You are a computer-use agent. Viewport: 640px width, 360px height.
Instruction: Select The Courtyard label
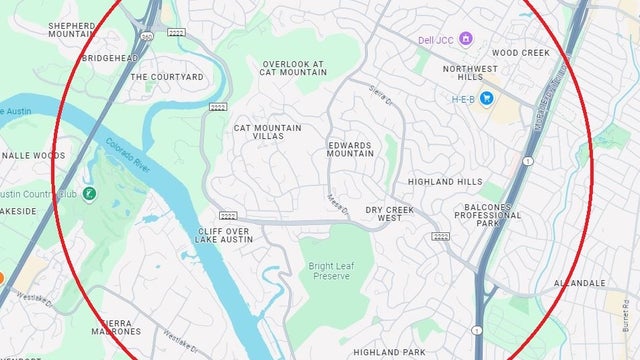click(x=167, y=76)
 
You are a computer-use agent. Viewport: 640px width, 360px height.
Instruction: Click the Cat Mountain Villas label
click(x=258, y=131)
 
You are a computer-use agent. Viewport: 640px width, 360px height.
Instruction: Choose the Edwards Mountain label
click(x=350, y=149)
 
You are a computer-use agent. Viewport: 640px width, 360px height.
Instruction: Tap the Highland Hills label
click(x=445, y=182)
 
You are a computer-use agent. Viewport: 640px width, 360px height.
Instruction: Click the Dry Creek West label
click(x=389, y=213)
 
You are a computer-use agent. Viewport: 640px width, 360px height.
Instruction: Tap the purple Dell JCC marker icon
click(x=466, y=39)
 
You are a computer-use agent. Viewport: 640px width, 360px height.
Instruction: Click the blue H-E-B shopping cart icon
click(x=487, y=98)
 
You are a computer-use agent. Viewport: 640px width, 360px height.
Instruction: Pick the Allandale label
click(x=578, y=283)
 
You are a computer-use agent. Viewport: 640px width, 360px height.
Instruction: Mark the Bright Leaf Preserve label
click(x=330, y=270)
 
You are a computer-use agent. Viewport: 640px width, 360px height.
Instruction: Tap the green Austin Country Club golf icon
click(x=90, y=192)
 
